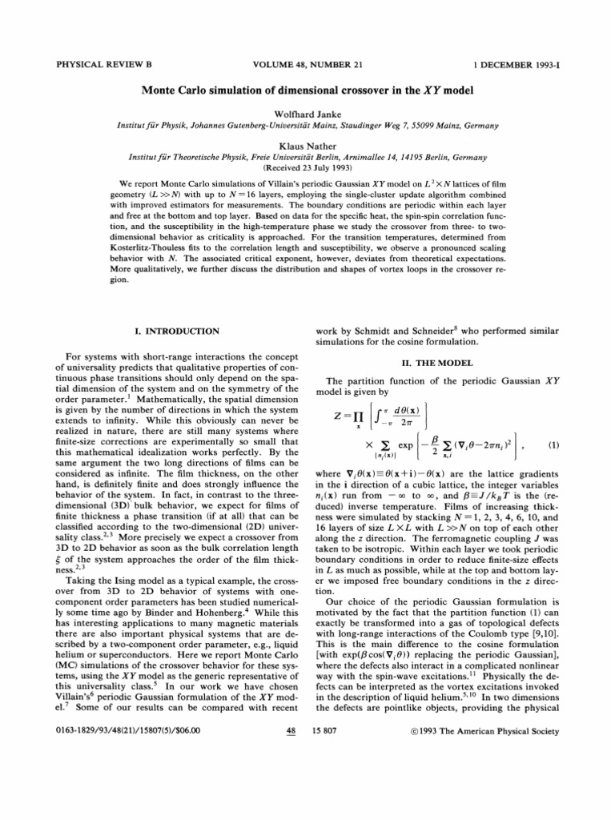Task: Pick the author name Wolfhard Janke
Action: [x=307, y=115]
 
